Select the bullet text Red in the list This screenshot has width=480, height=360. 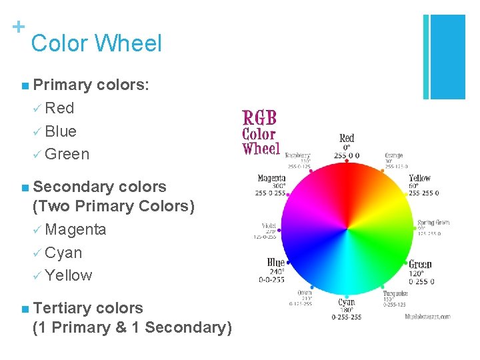[59, 108]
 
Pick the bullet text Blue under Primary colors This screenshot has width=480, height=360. [61, 131]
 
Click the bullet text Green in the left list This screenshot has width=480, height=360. [67, 154]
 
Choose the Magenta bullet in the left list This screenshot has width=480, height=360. [75, 229]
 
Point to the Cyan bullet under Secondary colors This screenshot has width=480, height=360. [63, 253]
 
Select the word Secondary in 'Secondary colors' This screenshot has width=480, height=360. [75, 187]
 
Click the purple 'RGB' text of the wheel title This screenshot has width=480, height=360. [259, 119]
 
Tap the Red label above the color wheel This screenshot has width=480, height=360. [347, 139]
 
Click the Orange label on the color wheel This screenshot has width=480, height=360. [393, 155]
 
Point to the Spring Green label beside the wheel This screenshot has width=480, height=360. [433, 223]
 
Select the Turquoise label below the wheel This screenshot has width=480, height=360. [395, 293]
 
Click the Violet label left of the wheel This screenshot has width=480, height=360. [269, 225]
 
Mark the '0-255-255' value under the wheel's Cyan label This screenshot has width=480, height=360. [347, 317]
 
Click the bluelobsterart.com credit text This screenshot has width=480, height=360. [427, 317]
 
